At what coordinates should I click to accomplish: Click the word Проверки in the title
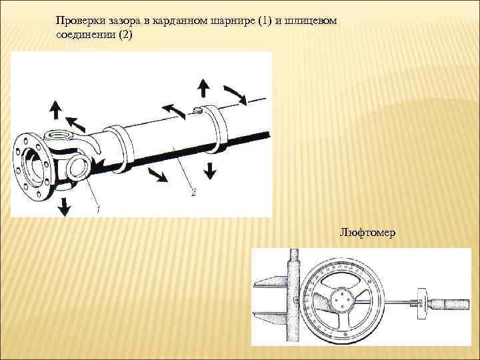coord(79,21)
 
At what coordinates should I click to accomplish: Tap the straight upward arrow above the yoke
coord(54,109)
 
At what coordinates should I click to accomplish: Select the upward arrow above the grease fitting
coord(204,87)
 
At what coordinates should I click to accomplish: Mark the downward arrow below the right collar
coord(211,169)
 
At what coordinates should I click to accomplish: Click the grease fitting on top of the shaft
coord(197,109)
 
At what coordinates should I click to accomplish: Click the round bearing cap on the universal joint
coord(76,166)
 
